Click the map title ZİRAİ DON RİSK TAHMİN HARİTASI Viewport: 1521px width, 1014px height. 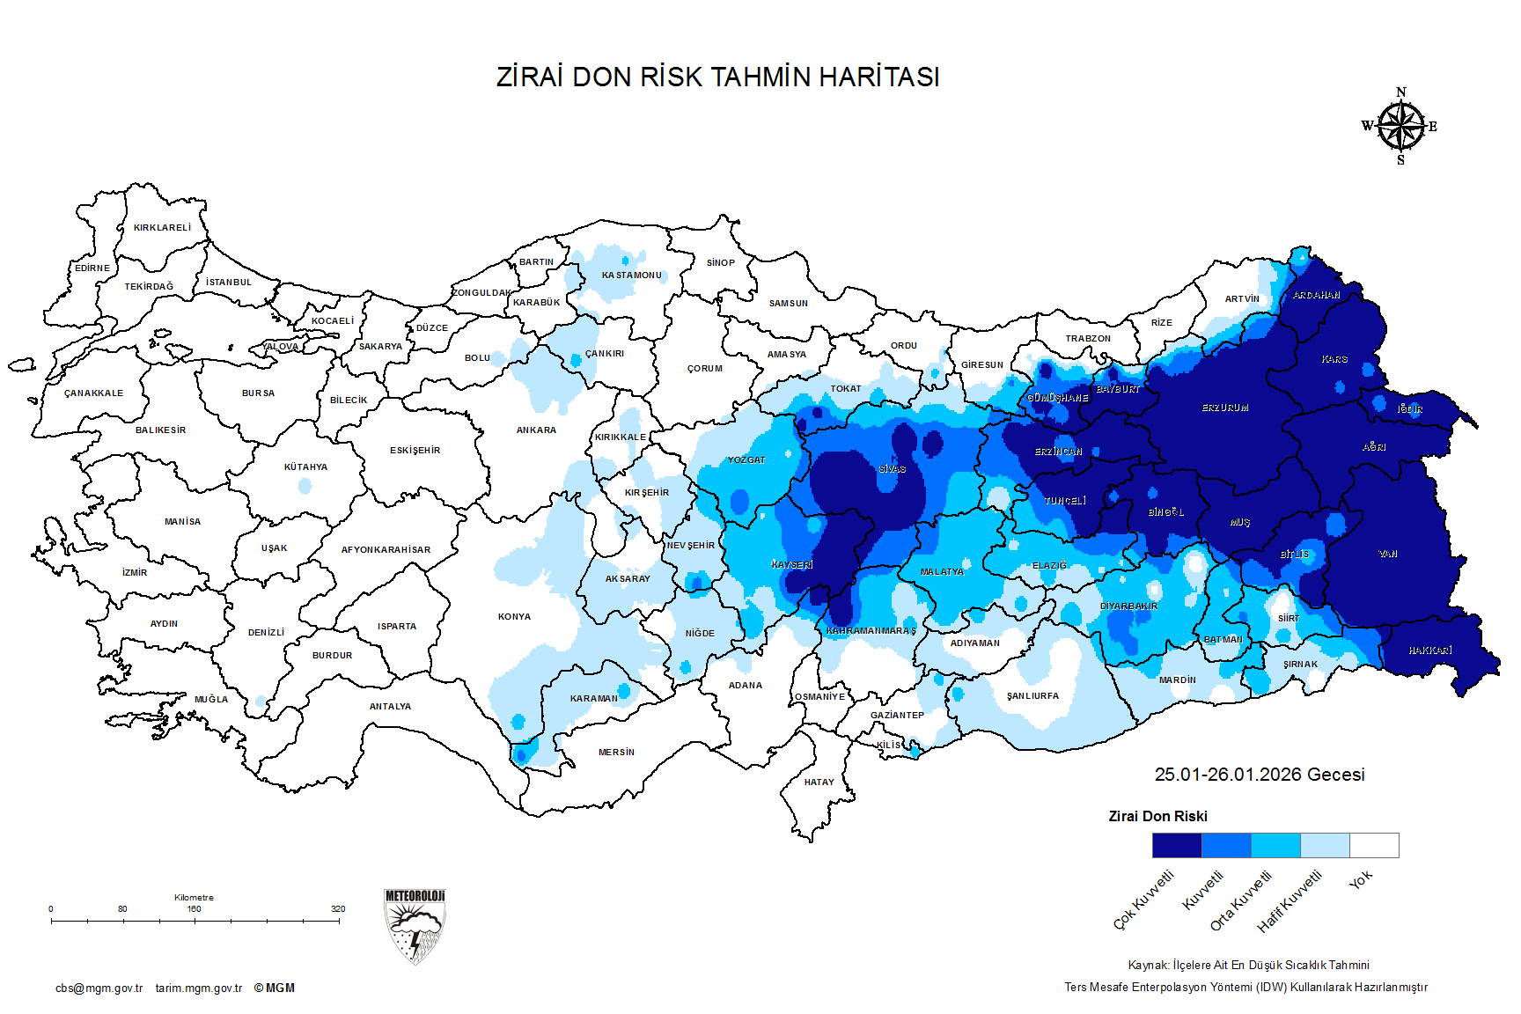point(717,77)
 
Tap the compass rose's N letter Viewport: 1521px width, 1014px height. point(1401,92)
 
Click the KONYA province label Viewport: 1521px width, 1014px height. point(514,617)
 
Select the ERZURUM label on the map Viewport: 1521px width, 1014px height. point(1225,408)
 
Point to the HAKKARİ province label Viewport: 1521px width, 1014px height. point(1429,650)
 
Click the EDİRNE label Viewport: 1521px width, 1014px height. point(92,268)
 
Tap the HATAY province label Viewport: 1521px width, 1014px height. point(819,783)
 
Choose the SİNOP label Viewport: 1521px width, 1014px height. point(720,263)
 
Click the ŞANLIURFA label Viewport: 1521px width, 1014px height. point(1032,696)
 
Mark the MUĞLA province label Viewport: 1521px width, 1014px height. point(211,700)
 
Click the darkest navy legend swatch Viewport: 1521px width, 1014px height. point(1177,845)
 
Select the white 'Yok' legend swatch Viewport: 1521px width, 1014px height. point(1374,845)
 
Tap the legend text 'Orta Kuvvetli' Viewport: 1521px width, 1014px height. point(1240,900)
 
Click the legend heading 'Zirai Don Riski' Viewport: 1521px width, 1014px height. point(1157,817)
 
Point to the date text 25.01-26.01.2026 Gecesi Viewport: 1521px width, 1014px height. point(1259,775)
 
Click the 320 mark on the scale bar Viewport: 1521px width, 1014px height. point(338,909)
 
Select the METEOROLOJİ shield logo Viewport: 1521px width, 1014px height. point(415,926)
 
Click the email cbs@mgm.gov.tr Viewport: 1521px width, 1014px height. point(99,988)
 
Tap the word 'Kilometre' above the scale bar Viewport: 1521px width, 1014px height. point(194,898)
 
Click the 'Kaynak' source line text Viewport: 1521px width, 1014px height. point(1248,966)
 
